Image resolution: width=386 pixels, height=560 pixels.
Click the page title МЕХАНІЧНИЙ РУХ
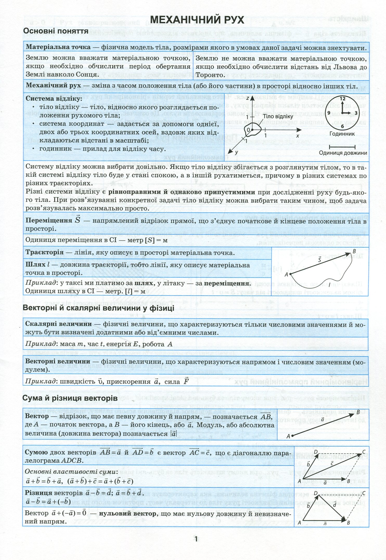click(197, 20)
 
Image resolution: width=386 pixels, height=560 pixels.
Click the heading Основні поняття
click(56, 31)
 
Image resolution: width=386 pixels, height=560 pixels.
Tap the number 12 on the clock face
click(342, 99)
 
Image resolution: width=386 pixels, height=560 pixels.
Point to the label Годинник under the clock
click(342, 134)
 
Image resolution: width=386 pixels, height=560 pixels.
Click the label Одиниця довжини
click(343, 153)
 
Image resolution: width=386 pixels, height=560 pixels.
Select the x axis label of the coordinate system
click(297, 136)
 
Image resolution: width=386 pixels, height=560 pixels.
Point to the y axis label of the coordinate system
click(236, 153)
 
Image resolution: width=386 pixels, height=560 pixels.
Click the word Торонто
click(209, 75)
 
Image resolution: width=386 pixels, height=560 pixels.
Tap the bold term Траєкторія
click(44, 253)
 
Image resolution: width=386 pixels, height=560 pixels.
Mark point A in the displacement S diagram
click(287, 274)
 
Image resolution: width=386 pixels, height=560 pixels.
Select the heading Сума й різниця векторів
click(70, 398)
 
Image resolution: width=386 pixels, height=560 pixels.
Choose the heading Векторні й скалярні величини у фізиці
click(99, 308)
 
